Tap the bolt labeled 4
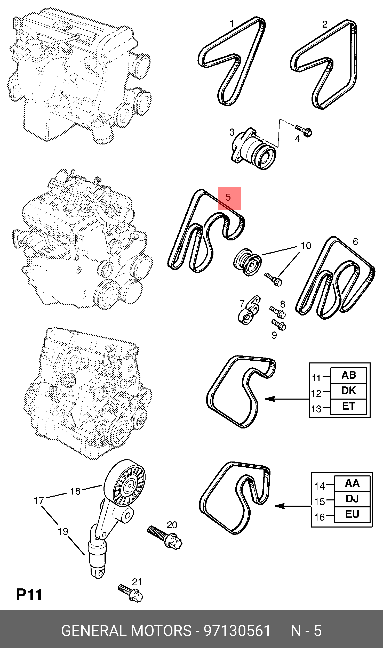click(304, 131)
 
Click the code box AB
click(348, 375)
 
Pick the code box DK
click(348, 391)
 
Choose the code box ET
click(348, 406)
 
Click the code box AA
click(352, 483)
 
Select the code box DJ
click(352, 499)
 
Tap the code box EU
click(352, 514)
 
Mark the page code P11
click(29, 595)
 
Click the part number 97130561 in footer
click(237, 631)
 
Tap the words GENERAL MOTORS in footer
click(126, 631)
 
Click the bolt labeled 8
click(278, 312)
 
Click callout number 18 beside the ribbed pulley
click(75, 491)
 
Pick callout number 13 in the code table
click(316, 409)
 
